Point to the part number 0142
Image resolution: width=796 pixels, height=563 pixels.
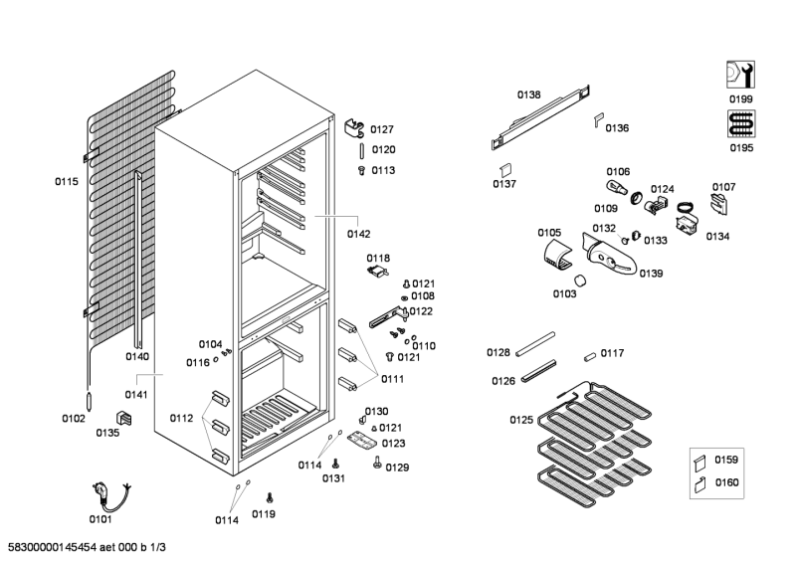(x=358, y=235)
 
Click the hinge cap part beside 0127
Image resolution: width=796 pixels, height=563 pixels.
(x=354, y=128)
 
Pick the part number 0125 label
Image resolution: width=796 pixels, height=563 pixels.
(x=522, y=420)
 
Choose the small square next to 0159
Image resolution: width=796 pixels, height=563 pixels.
(x=700, y=461)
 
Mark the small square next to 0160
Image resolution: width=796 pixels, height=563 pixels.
(x=700, y=484)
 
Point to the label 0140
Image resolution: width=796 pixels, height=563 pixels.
(x=137, y=356)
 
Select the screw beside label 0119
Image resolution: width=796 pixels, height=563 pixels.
(x=270, y=496)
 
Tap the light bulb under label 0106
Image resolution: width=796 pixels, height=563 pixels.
(x=614, y=188)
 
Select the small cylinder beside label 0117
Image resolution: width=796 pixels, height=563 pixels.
(x=589, y=354)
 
